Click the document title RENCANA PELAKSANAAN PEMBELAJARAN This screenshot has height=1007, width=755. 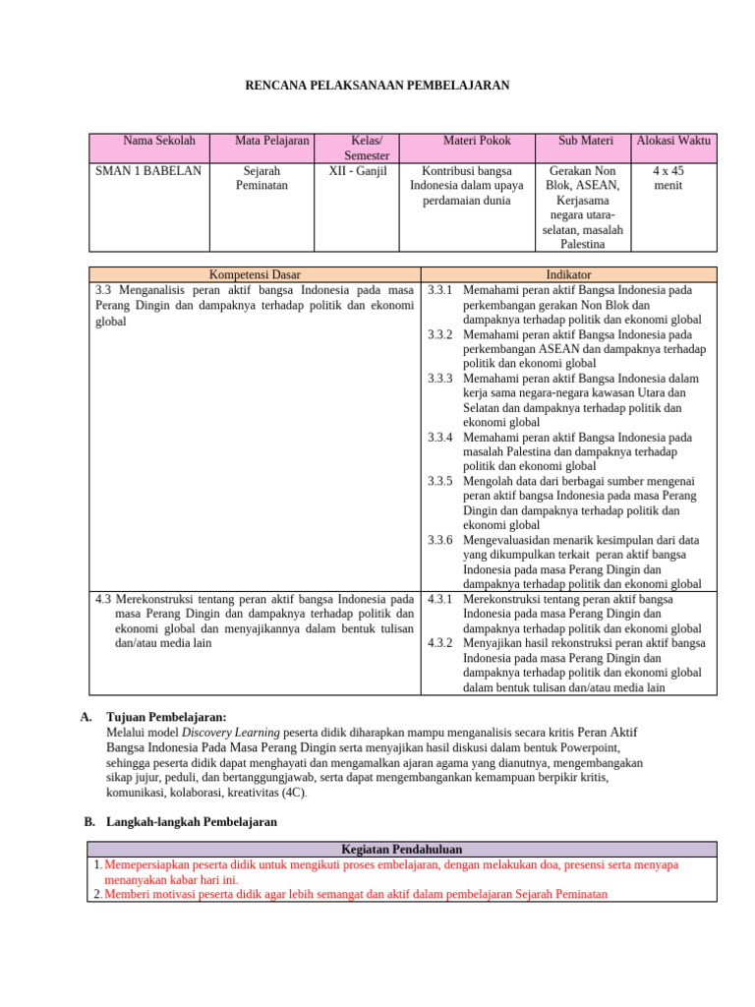point(377,86)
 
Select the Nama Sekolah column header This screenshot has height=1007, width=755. point(159,141)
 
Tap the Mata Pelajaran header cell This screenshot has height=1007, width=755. point(272,141)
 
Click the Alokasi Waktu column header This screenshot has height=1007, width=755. point(673,141)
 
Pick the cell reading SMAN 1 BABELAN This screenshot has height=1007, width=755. point(148,170)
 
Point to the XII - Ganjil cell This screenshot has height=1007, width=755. point(358,170)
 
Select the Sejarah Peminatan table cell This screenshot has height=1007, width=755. point(262,177)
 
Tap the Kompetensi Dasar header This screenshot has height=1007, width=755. point(256,274)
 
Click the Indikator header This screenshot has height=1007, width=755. point(568,274)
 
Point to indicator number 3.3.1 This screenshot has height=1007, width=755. point(440,290)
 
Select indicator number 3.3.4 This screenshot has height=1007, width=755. point(440,437)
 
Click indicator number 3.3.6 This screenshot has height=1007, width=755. point(440,540)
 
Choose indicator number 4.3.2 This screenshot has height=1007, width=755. point(440,643)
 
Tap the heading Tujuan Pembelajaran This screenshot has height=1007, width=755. point(166,718)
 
